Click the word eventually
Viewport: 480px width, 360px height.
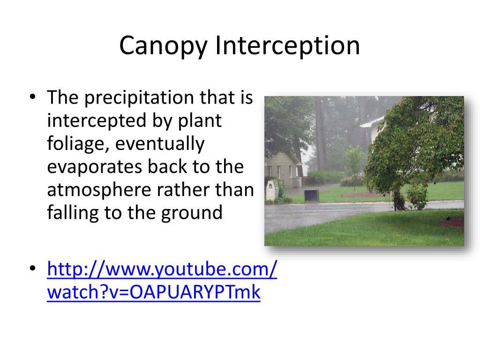[160, 144]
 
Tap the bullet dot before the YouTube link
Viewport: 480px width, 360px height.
[32, 269]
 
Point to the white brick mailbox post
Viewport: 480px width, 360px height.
[271, 191]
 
